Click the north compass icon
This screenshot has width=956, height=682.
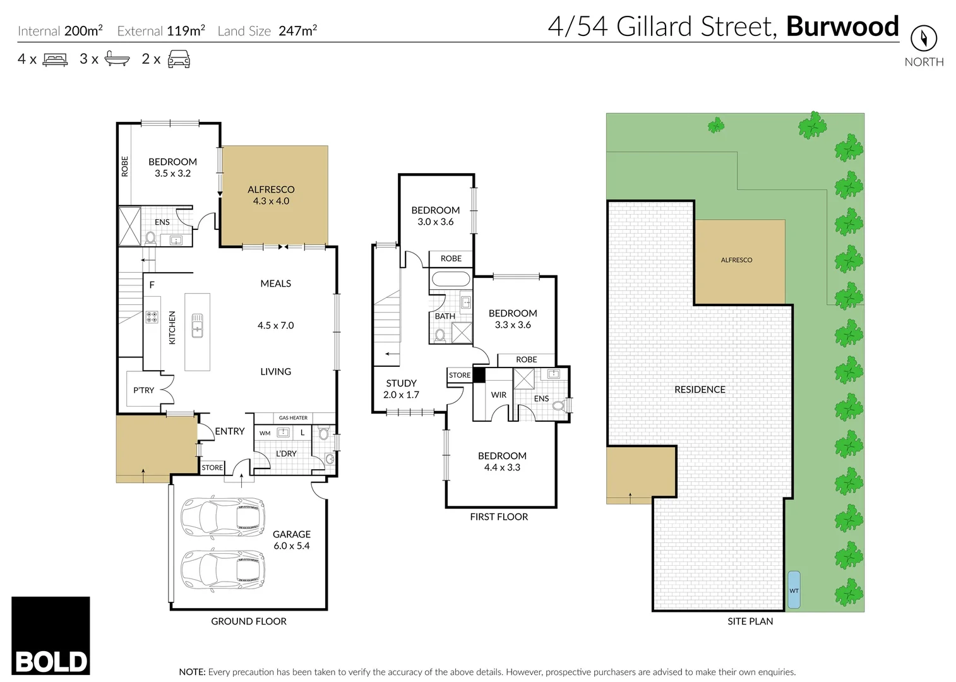(x=923, y=39)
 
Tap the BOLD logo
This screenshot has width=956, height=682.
(x=51, y=636)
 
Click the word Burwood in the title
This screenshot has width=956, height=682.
(x=842, y=27)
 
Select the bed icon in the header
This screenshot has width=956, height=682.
(x=55, y=60)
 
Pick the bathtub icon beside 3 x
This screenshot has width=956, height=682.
(x=117, y=59)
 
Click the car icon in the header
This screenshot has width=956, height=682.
(x=179, y=59)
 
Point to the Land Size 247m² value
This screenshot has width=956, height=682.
(x=297, y=31)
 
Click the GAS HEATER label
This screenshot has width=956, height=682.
(x=293, y=418)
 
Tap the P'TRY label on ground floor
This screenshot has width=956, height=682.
(x=143, y=390)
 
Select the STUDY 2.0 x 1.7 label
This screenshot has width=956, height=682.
(x=401, y=389)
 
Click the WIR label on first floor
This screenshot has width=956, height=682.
(x=499, y=395)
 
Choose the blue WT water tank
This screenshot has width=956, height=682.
(x=794, y=590)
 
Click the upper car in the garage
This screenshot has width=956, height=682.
(x=222, y=517)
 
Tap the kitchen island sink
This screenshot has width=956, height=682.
(x=197, y=325)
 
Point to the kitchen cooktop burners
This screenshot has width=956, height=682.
(x=152, y=317)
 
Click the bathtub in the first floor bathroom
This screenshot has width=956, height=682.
(x=450, y=279)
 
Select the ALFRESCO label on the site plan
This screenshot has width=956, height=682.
(x=736, y=260)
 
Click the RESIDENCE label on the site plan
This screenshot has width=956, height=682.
(x=700, y=390)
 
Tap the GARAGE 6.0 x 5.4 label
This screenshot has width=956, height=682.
(x=291, y=540)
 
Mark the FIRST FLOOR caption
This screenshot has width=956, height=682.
(x=499, y=517)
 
